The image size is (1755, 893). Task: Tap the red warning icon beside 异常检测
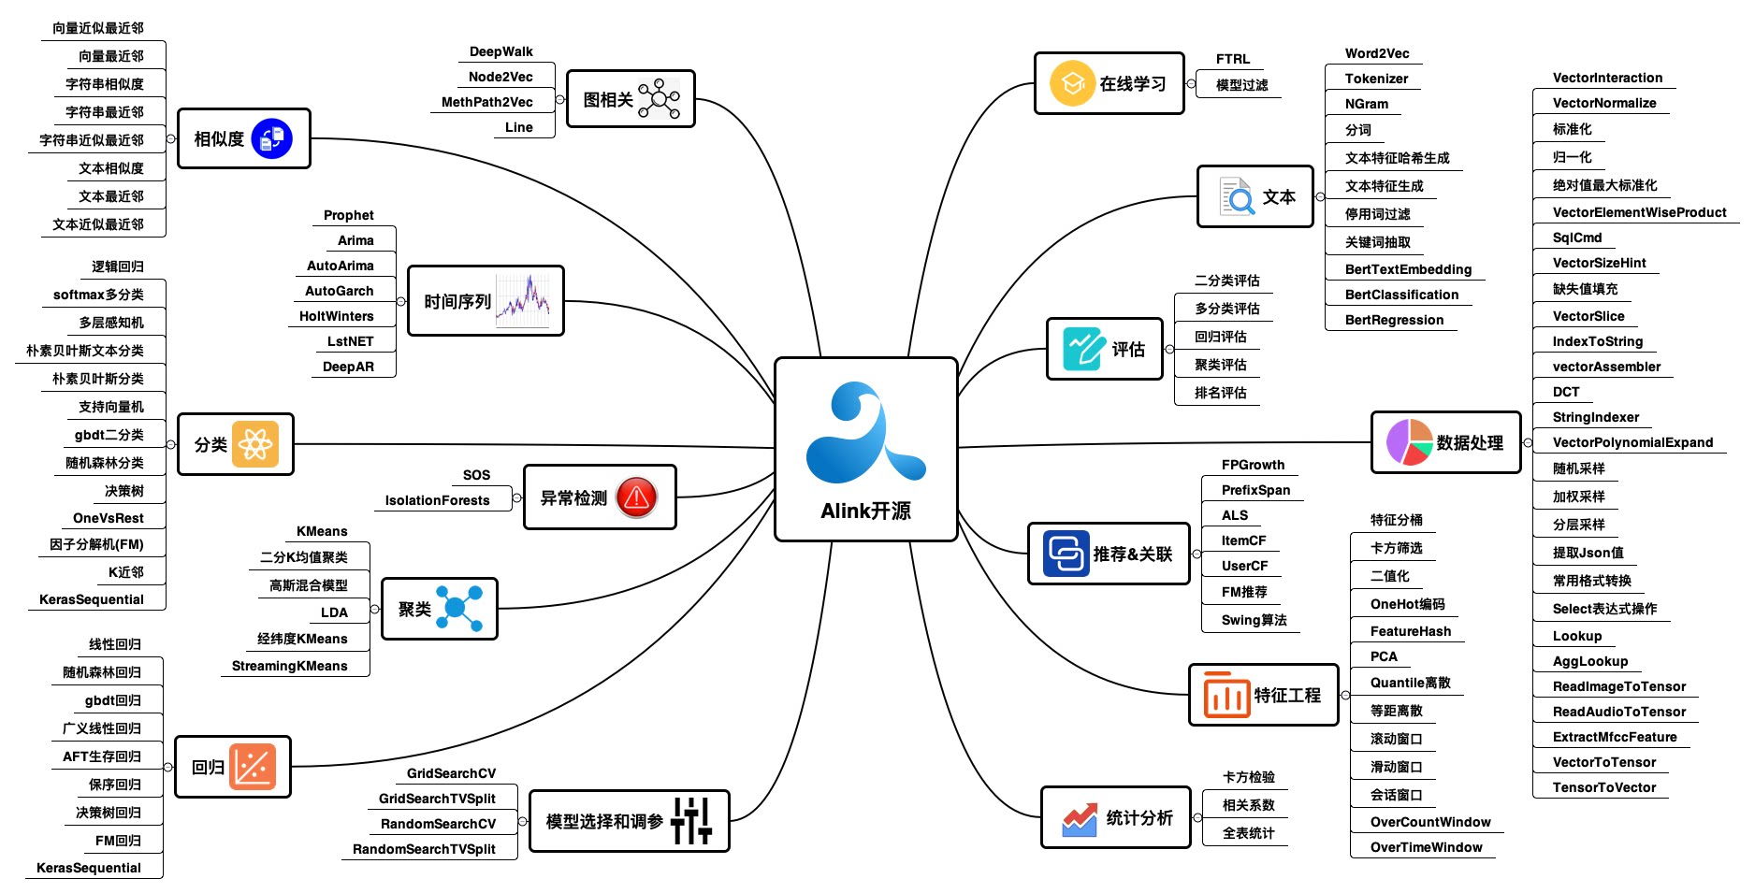(x=637, y=497)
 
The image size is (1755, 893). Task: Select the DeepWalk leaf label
(x=500, y=51)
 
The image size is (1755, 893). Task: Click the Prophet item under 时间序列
(x=348, y=215)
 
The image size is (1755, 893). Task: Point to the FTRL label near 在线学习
(x=1232, y=59)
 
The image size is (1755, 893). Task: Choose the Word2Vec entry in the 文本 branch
(x=1376, y=53)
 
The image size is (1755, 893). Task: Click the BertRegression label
(x=1394, y=320)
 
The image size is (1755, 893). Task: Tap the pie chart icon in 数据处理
(x=1409, y=442)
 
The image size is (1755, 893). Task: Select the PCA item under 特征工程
(x=1384, y=656)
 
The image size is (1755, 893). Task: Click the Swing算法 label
(x=1254, y=620)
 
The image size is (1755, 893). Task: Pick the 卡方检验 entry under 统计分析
(x=1248, y=777)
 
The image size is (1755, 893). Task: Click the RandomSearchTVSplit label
(x=424, y=849)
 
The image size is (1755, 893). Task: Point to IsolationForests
(x=437, y=500)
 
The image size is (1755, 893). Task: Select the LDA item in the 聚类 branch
(x=334, y=612)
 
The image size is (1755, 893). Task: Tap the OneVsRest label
(x=109, y=518)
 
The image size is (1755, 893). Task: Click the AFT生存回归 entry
(x=102, y=756)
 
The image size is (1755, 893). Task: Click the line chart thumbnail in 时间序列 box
(x=524, y=301)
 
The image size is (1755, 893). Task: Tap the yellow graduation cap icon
(x=1072, y=84)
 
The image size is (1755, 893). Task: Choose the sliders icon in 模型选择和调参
(x=691, y=821)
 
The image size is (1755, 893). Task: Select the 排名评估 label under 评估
(x=1220, y=393)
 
